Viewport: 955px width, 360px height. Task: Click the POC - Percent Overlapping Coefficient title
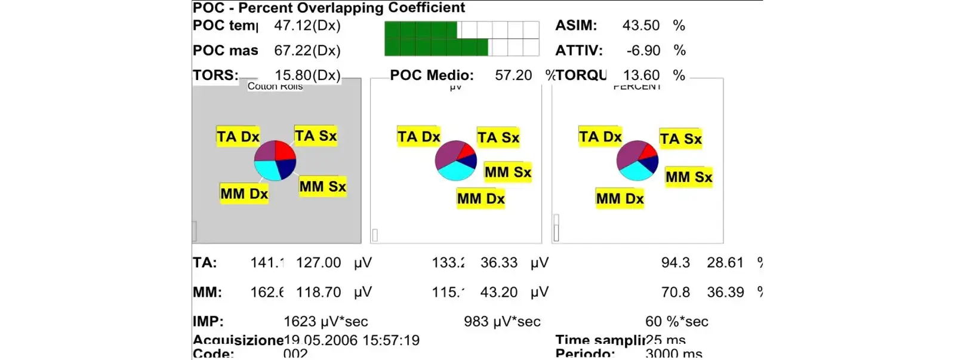click(x=328, y=8)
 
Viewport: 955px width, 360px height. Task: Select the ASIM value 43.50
click(x=640, y=26)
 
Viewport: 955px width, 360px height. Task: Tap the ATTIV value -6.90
click(x=643, y=51)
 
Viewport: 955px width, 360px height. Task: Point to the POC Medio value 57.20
click(x=513, y=75)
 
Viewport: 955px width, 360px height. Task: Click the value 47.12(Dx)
click(x=307, y=26)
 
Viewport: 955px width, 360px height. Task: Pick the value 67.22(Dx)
click(x=307, y=51)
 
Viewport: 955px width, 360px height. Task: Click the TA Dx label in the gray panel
click(x=238, y=137)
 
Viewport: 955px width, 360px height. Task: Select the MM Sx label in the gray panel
click(x=322, y=186)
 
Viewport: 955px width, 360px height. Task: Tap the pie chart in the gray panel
click(x=275, y=161)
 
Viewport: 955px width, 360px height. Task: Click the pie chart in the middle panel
click(x=455, y=161)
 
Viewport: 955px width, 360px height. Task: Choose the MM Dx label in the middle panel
click(x=480, y=198)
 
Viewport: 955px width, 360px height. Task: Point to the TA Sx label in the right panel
click(x=680, y=139)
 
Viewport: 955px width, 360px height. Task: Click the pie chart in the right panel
click(x=637, y=161)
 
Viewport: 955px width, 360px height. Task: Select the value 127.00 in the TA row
click(x=318, y=263)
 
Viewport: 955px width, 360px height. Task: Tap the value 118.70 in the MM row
click(x=318, y=293)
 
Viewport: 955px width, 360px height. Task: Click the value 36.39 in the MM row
click(x=725, y=293)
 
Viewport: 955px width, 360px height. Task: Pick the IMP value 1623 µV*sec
click(x=325, y=322)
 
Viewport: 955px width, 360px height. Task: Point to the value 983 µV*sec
click(x=502, y=322)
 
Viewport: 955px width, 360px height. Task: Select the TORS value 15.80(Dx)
click(x=307, y=75)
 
